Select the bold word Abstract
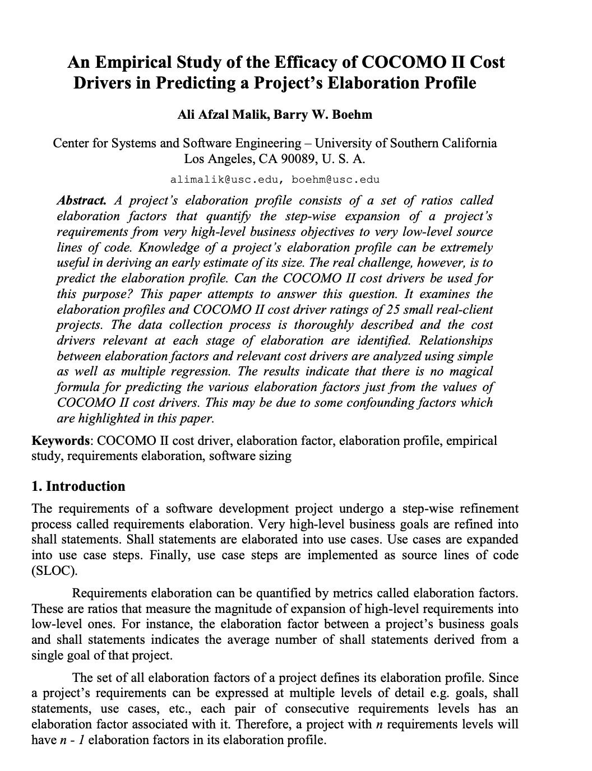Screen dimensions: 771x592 tap(82, 201)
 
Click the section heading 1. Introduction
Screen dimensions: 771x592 tap(78, 486)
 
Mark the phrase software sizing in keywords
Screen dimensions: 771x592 tap(250, 456)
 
